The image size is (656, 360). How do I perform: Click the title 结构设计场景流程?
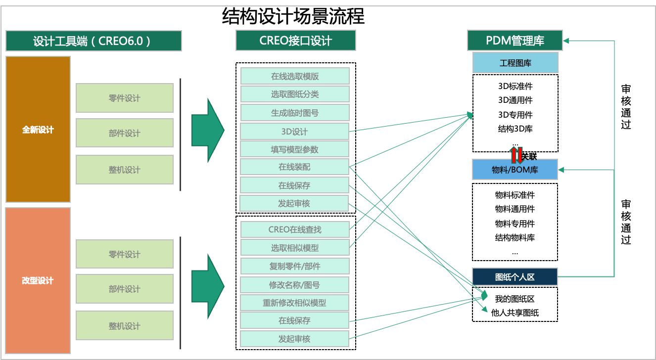[293, 16]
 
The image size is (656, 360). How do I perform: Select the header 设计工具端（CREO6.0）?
[94, 41]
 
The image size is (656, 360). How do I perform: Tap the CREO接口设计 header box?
[296, 41]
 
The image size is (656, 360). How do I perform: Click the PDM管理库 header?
[515, 41]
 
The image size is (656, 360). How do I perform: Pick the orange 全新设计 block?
[38, 130]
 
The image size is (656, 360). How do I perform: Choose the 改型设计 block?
[38, 280]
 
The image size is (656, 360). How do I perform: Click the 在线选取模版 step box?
[295, 76]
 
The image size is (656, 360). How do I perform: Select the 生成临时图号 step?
[295, 113]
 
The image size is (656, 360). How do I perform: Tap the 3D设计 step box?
[295, 132]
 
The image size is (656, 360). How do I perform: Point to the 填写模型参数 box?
[295, 149]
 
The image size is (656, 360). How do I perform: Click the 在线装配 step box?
[295, 167]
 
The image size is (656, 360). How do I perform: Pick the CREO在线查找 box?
[295, 229]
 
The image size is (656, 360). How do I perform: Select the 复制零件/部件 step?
[295, 266]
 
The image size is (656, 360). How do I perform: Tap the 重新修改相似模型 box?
[295, 303]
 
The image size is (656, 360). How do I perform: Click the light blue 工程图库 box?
[515, 63]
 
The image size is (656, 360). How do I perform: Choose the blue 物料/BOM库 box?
[515, 170]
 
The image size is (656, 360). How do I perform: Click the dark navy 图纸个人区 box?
[515, 277]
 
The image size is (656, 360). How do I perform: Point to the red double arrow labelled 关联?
[517, 155]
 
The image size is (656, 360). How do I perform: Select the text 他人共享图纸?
[515, 313]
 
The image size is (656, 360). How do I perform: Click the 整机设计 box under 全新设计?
[125, 170]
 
